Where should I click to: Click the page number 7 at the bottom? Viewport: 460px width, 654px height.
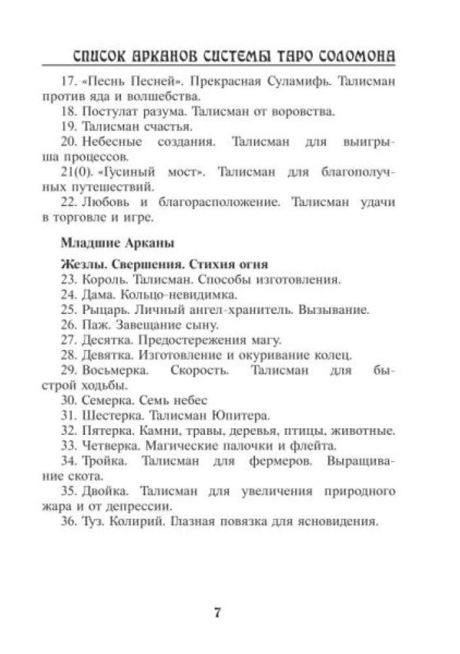tap(218, 613)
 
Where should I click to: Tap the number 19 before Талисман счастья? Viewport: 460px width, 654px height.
tap(68, 126)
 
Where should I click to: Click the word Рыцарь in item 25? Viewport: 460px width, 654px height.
tap(101, 310)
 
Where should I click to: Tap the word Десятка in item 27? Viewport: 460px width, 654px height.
tap(105, 340)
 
